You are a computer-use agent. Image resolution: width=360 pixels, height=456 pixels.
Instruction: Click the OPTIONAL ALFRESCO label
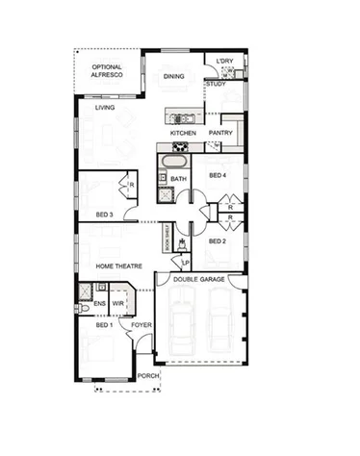(x=106, y=71)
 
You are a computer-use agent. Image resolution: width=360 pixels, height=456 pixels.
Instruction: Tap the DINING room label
(x=173, y=76)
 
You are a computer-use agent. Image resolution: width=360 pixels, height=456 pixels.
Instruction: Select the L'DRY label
(x=225, y=63)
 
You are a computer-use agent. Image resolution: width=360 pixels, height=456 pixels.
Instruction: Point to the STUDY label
(x=217, y=85)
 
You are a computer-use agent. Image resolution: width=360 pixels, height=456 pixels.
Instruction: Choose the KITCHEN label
(x=183, y=132)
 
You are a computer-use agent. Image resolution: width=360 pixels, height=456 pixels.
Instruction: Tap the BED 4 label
(x=217, y=175)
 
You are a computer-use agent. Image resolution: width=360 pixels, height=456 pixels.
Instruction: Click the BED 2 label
(x=217, y=241)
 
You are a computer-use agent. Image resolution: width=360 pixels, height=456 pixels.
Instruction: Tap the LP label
(x=186, y=262)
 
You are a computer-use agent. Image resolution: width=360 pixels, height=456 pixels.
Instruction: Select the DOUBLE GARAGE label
(x=199, y=279)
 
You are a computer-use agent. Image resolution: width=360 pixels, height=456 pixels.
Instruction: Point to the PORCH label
(x=148, y=375)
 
